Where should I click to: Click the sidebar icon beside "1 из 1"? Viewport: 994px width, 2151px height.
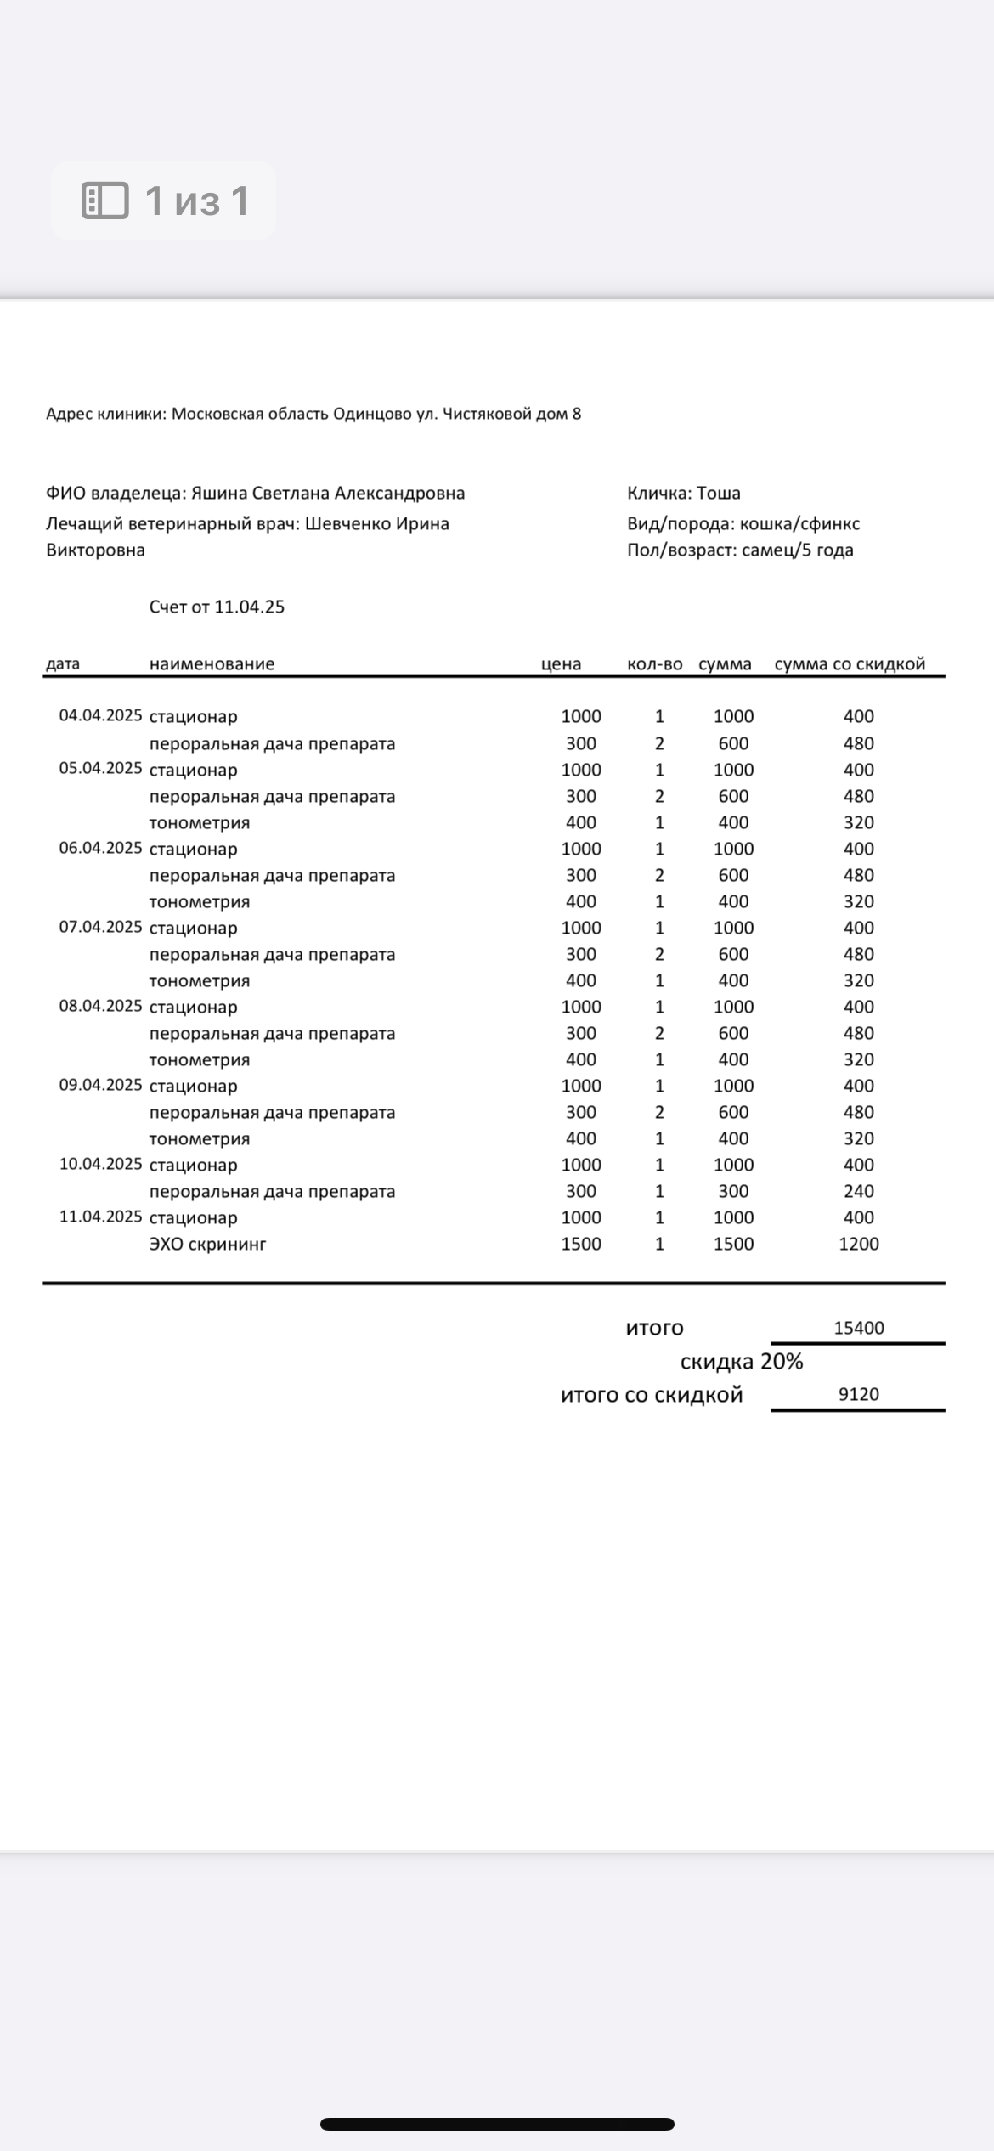[x=104, y=200]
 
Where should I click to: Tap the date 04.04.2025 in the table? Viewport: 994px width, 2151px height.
[x=100, y=715]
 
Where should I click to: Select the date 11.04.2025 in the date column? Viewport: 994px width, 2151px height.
[x=100, y=1217]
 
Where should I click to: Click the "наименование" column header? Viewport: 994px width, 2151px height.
[x=212, y=664]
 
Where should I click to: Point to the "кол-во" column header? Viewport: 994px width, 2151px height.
[x=654, y=664]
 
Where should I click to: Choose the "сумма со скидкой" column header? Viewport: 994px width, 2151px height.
[x=850, y=664]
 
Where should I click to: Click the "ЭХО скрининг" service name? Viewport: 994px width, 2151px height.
[x=207, y=1244]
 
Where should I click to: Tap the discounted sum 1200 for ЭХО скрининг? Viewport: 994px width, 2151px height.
[x=858, y=1244]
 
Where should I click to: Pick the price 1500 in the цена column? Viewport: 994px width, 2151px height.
[x=581, y=1244]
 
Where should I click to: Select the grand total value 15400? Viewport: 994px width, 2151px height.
[x=858, y=1328]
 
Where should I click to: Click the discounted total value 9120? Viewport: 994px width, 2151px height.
[x=858, y=1394]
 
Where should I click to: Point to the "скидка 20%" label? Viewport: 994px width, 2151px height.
[x=741, y=1362]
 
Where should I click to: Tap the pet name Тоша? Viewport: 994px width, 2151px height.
[x=719, y=494]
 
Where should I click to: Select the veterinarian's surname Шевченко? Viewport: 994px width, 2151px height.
[x=348, y=524]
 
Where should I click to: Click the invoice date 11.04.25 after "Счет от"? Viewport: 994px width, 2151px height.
[x=249, y=607]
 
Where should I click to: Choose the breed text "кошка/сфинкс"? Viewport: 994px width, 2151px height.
[x=799, y=524]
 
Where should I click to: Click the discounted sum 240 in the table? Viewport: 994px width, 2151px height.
[x=858, y=1191]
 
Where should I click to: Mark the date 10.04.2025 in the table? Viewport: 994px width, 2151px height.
[x=100, y=1164]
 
